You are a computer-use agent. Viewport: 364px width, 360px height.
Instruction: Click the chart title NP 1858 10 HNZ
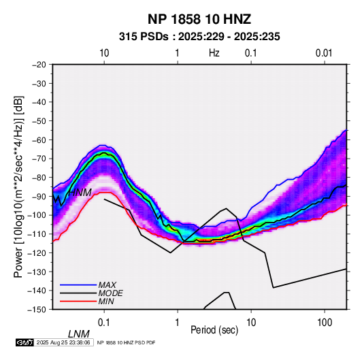(x=199, y=19)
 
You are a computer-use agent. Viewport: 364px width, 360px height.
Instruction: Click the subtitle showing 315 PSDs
(x=199, y=37)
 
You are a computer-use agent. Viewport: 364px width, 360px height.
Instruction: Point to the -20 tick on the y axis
(x=39, y=65)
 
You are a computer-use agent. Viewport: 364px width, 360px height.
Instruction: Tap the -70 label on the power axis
(x=39, y=159)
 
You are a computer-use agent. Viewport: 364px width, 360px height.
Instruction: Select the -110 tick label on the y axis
(x=37, y=234)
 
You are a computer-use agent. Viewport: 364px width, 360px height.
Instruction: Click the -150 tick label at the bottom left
(x=37, y=310)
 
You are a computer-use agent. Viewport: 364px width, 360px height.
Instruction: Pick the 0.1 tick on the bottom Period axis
(x=104, y=323)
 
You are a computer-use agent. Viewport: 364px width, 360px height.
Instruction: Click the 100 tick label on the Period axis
(x=325, y=323)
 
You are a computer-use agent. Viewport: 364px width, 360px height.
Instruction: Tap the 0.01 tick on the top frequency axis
(x=324, y=53)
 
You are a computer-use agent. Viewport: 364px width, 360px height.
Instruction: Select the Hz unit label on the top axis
(x=214, y=53)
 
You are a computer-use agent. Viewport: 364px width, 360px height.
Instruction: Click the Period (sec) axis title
(x=214, y=330)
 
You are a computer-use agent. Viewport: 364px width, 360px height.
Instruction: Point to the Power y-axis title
(x=18, y=186)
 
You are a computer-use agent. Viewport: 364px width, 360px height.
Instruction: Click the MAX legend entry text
(x=107, y=284)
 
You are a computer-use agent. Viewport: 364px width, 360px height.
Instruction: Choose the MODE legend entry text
(x=110, y=293)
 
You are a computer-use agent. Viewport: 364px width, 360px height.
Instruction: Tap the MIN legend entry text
(x=106, y=301)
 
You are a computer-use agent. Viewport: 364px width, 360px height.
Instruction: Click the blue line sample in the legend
(x=78, y=285)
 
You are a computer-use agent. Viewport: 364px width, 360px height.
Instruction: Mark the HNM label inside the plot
(x=80, y=193)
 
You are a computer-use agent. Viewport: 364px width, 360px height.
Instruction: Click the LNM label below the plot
(x=78, y=334)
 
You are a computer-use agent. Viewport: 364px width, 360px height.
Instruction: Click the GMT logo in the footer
(x=25, y=342)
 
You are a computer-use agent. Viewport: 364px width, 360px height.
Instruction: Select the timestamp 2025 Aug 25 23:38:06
(x=63, y=342)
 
